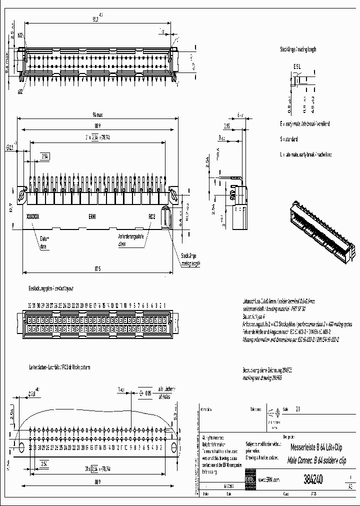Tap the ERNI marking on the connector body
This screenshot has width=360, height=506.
pos(92,217)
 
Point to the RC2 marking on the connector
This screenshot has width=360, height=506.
pos(152,217)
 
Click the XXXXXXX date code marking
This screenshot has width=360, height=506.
pos(32,217)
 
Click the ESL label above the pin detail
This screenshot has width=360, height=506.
pos(297,66)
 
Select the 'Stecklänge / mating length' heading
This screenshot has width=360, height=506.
pos(298,50)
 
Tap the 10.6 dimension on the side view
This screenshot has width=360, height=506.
pos(218,151)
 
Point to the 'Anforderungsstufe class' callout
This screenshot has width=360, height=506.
pos(130,240)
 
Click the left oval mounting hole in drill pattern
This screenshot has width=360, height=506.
pos(21,446)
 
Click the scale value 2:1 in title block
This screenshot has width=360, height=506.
pos(298,408)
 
